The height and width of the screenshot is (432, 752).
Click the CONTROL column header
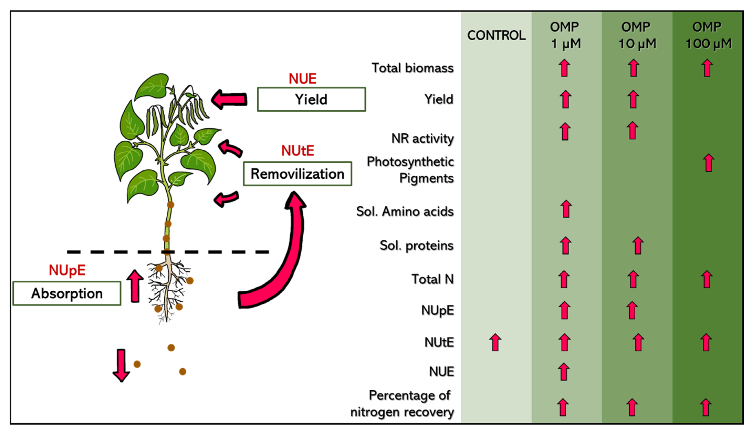click(x=496, y=35)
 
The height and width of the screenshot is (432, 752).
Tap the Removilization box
click(x=297, y=174)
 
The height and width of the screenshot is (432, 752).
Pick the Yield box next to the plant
click(x=311, y=99)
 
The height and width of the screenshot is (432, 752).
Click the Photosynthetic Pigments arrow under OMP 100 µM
click(x=708, y=163)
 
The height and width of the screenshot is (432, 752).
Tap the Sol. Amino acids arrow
click(x=566, y=209)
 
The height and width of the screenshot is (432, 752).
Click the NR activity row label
click(x=422, y=138)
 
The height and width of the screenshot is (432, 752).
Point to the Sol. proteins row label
click(x=416, y=245)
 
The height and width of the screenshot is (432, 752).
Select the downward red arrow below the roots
click(x=121, y=365)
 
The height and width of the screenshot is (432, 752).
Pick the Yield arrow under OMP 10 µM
click(x=633, y=99)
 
